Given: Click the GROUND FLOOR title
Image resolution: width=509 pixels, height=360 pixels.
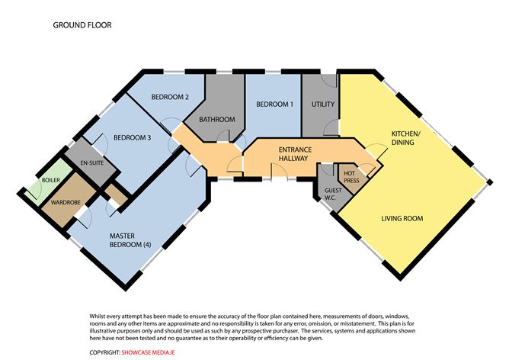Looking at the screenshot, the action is point(82,25).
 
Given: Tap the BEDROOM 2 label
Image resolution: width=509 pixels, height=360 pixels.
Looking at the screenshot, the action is point(170,97).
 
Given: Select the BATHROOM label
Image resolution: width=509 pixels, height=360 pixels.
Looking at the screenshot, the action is point(217,120).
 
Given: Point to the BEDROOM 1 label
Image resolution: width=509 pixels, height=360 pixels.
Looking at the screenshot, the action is point(274,104).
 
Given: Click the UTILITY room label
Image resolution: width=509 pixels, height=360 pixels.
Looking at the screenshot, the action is point(323,104).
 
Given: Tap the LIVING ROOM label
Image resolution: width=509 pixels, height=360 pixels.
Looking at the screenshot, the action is point(402,218).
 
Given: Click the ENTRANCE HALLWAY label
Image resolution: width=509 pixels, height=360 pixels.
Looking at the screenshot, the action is point(295,154).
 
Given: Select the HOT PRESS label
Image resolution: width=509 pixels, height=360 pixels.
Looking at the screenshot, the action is point(351,177).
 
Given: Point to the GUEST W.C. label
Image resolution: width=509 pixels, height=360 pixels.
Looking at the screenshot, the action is point(333,194).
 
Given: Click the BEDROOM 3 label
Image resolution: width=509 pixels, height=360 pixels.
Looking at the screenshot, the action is point(132,138).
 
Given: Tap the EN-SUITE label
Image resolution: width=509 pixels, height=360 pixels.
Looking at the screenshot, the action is point(92,162).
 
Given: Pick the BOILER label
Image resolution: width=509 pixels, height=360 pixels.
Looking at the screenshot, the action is point(50,180).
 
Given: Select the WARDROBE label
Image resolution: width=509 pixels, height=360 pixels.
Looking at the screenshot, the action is point(66,202).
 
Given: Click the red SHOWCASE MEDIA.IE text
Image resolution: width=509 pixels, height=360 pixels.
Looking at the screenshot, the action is point(148,352).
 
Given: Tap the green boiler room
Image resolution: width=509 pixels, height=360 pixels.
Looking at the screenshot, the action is point(49,183).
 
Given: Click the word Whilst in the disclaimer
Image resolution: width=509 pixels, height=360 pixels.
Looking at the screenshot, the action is point(97,316).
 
